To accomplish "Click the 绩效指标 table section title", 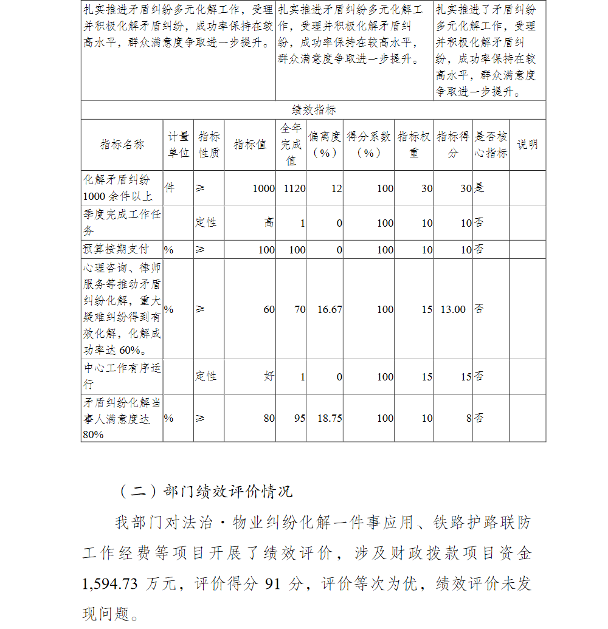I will click(x=314, y=110).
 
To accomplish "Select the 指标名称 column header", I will click(x=122, y=145).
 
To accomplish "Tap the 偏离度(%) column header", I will click(x=324, y=145).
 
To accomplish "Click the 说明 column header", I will click(x=527, y=145).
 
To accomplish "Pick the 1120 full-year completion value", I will click(x=294, y=188).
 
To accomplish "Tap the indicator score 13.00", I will click(x=453, y=309).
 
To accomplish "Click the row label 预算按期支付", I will click(x=116, y=249).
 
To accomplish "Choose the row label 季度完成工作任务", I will click(x=122, y=222).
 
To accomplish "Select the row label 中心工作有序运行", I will click(x=122, y=376).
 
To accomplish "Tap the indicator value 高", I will click(x=269, y=223).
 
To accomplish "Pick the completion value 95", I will click(x=299, y=418).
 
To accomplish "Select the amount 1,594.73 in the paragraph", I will click(x=110, y=584).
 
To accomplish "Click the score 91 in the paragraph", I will click(x=273, y=584).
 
